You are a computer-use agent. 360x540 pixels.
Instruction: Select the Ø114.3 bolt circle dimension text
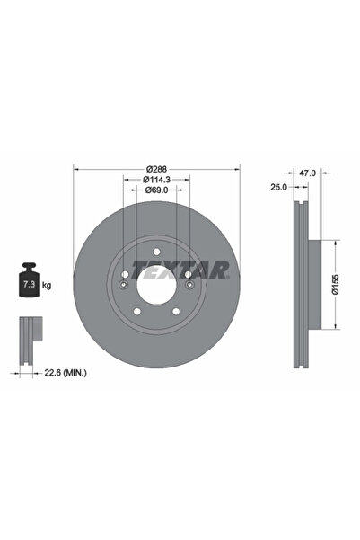(158, 179)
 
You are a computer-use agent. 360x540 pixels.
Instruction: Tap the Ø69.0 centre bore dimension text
(158, 191)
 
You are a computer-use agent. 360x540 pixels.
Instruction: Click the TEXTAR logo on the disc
(180, 269)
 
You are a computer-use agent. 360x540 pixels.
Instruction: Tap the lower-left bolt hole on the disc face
(136, 312)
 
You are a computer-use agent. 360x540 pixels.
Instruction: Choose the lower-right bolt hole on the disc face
(176, 312)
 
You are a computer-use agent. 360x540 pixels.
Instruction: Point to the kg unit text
(45, 285)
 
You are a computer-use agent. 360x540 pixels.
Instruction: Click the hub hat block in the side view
(312, 284)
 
